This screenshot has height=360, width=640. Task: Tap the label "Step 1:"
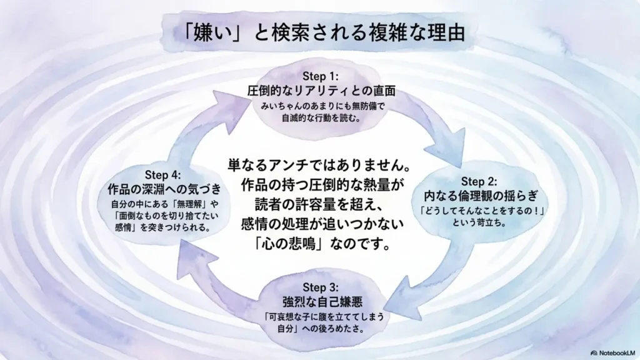[321, 77]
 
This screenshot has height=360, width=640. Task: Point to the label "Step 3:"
[321, 287]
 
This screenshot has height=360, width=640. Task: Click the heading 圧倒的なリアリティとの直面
[321, 91]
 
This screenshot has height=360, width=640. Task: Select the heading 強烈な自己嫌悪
[321, 302]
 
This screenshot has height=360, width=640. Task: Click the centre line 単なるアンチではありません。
[320, 167]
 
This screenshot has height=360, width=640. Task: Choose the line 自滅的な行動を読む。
[321, 118]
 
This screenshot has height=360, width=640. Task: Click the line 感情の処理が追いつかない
[320, 223]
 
